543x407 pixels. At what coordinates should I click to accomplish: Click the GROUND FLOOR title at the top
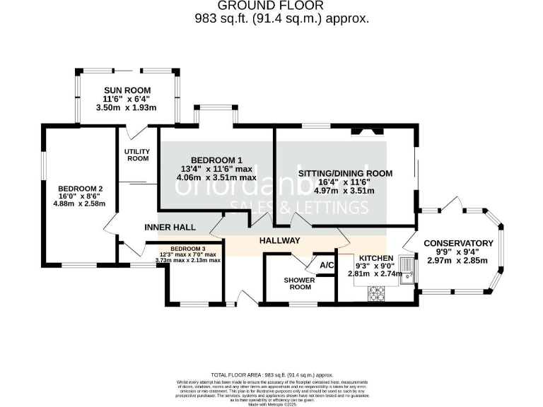(281, 6)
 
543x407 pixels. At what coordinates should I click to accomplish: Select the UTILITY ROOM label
(136, 155)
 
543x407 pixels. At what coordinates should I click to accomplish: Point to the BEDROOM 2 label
(81, 189)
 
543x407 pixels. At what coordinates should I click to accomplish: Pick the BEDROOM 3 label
(188, 249)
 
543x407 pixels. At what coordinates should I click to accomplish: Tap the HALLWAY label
(279, 241)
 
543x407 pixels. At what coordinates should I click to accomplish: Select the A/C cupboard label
(327, 265)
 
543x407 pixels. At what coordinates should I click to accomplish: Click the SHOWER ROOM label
(298, 283)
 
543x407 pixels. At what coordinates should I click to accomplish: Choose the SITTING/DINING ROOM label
(345, 173)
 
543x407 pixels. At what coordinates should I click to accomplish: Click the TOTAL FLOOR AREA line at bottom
(271, 374)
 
